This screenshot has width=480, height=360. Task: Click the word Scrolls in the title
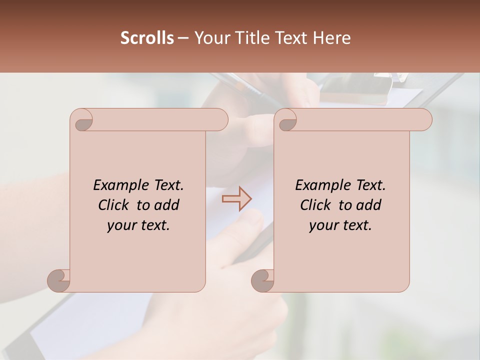click(147, 38)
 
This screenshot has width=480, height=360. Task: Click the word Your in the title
click(210, 38)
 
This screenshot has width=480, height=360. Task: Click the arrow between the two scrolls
click(236, 198)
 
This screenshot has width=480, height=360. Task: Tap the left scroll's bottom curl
click(59, 280)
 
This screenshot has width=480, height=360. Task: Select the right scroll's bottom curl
click(263, 280)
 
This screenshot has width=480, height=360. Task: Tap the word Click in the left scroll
click(114, 205)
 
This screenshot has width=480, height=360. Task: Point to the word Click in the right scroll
click(316, 205)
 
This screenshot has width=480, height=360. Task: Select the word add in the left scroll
click(166, 205)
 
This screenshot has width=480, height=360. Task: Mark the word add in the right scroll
click(368, 205)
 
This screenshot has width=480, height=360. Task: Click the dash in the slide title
click(183, 38)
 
